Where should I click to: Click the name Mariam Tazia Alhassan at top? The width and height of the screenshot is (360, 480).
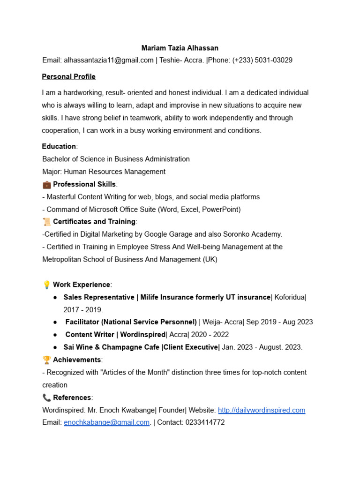[x=180, y=48]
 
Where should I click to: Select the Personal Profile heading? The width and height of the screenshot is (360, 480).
[x=68, y=76]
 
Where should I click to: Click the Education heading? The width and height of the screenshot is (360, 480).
[x=59, y=146]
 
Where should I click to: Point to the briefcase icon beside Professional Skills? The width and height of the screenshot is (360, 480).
[x=46, y=184]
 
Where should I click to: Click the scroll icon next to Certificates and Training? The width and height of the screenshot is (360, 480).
[x=46, y=221]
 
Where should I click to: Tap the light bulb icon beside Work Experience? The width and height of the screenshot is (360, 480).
[x=46, y=285]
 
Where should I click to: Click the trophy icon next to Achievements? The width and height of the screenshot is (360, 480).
[x=46, y=360]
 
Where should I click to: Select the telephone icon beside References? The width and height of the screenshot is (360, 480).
[x=46, y=397]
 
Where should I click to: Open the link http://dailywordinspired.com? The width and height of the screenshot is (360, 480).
[x=262, y=410]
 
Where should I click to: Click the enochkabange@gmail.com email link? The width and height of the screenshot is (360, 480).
[x=106, y=422]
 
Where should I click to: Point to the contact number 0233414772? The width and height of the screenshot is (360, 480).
[x=205, y=422]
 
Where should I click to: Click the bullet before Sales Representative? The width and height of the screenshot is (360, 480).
[x=56, y=298]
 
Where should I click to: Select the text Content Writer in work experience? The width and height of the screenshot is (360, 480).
[x=90, y=335]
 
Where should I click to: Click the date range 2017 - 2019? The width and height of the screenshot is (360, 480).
[x=82, y=310]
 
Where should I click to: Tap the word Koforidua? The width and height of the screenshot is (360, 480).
[x=290, y=297]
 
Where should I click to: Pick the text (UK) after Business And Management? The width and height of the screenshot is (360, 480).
[x=210, y=259]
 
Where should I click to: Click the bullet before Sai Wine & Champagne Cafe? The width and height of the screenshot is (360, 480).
[x=56, y=347]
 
